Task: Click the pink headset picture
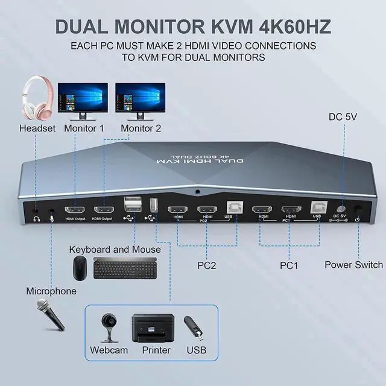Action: click(x=37, y=98)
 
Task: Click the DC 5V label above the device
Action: click(x=343, y=116)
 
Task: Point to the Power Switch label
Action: click(x=353, y=265)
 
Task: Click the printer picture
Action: click(x=153, y=327)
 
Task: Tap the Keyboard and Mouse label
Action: click(x=115, y=250)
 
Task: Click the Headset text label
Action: click(x=37, y=128)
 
